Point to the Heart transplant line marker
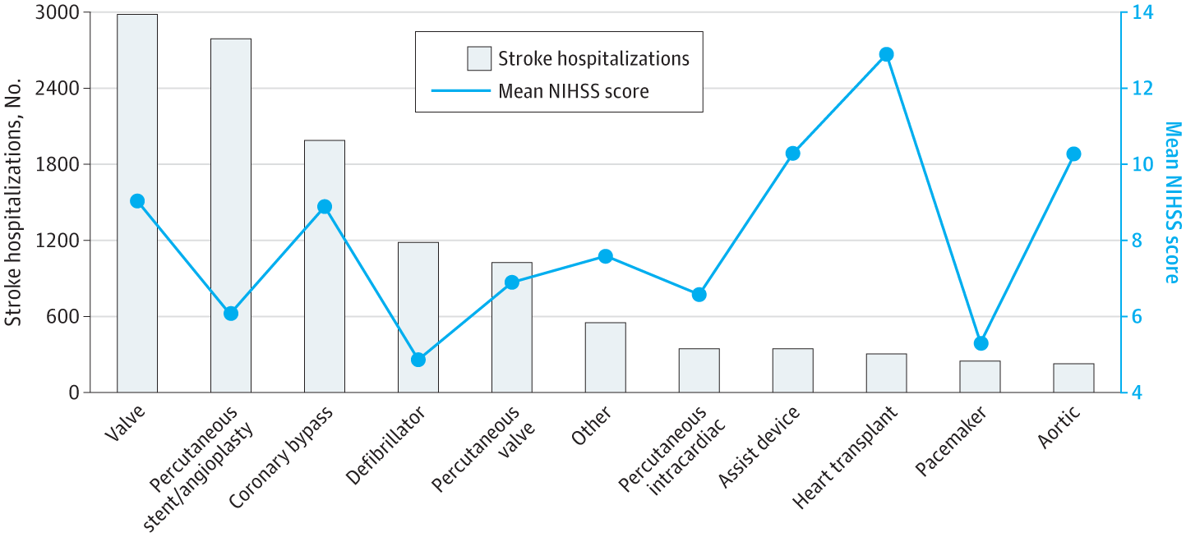coord(886,54)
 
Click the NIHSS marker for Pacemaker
coord(980,343)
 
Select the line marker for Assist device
coord(792,154)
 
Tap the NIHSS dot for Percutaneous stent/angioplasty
coord(231,313)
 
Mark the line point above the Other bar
coord(606,256)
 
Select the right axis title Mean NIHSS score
coord(1172,203)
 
